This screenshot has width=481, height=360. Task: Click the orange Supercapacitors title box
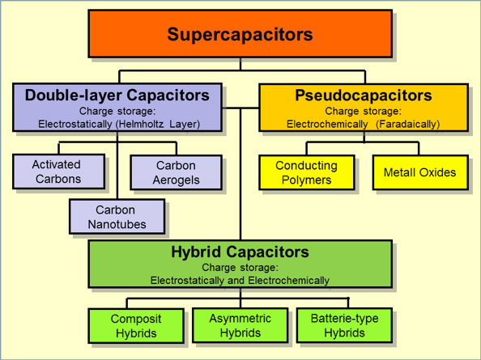(x=240, y=34)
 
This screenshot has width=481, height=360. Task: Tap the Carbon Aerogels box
(x=176, y=172)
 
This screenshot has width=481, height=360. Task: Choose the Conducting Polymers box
(x=306, y=172)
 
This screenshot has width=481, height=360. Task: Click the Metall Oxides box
(x=419, y=172)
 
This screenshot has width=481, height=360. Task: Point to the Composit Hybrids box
(x=136, y=326)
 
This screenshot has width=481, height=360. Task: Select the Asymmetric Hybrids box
(x=240, y=326)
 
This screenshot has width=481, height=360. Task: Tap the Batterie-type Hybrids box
(x=345, y=326)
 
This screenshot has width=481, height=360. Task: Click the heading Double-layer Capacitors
(x=117, y=95)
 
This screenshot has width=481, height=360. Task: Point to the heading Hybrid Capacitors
(x=240, y=252)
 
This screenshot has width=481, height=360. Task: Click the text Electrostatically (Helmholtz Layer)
(x=117, y=125)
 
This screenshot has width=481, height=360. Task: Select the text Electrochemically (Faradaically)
(x=364, y=125)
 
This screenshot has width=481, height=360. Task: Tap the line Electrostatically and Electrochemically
(x=240, y=281)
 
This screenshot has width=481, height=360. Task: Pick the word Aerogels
(x=176, y=180)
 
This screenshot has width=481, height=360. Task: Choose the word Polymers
(x=306, y=180)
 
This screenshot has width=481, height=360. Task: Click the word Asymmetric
(x=240, y=319)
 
